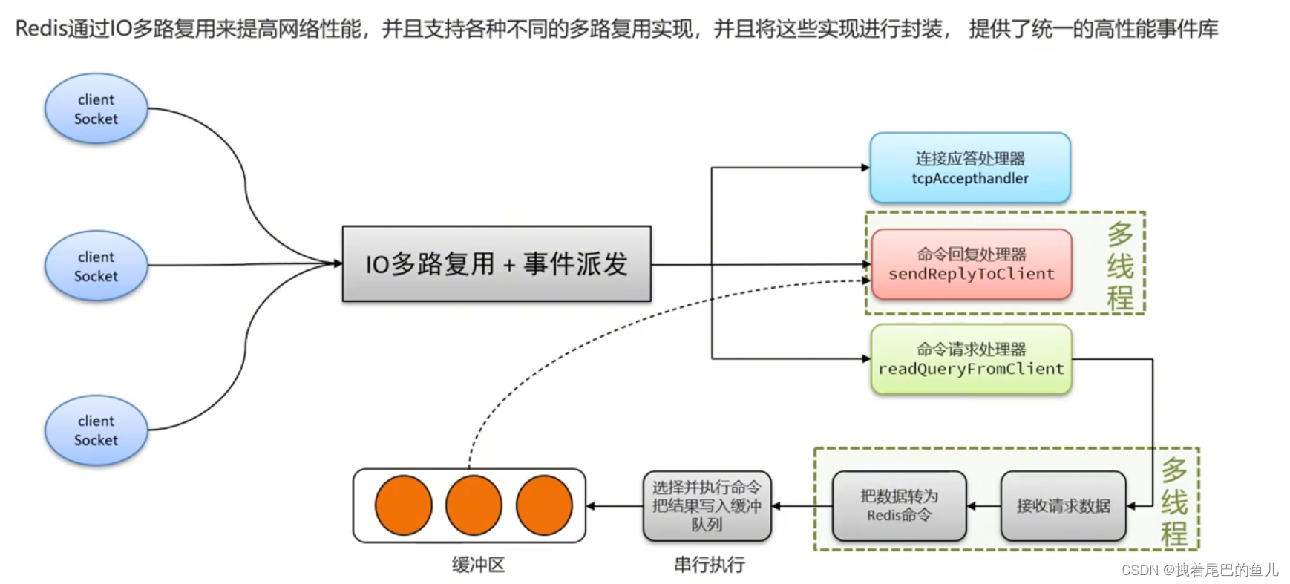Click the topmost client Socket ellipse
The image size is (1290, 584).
[96, 109]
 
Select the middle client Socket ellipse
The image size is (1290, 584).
[96, 266]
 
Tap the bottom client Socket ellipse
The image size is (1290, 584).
[96, 430]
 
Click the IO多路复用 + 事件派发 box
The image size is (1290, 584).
[496, 264]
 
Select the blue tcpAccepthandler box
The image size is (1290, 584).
[969, 168]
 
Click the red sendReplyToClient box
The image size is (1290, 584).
[971, 264]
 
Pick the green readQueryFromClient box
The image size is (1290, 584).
[971, 359]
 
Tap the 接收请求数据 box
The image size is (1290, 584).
[1063, 506]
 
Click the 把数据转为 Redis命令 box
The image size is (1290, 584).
[899, 506]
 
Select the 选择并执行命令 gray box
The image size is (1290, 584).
[707, 506]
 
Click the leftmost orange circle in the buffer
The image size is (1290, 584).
[403, 505]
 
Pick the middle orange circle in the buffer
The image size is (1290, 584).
[474, 505]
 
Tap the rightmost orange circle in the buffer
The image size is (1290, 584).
[544, 505]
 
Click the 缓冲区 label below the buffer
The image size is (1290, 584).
[478, 565]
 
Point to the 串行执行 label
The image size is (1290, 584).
[709, 565]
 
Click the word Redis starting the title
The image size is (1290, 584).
[41, 29]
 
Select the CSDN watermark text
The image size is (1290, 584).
[1199, 570]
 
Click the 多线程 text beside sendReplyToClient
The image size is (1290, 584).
[1119, 266]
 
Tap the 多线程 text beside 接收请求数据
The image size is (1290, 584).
[1173, 502]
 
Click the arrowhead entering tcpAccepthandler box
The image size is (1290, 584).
[865, 168]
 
